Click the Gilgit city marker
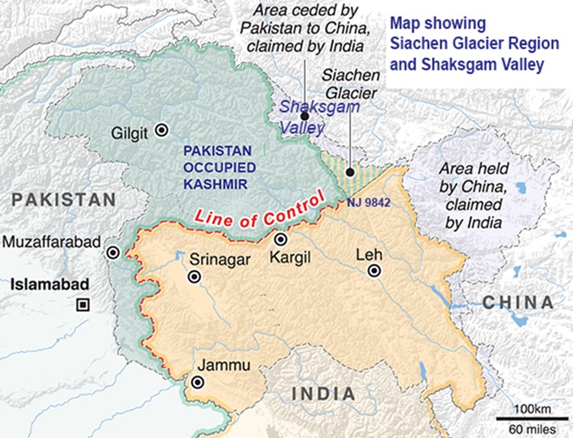point(160,130)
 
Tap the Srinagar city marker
point(195,278)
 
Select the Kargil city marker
point(280,239)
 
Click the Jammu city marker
point(198,382)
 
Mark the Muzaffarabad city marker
point(113,253)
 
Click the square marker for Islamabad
point(83,305)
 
